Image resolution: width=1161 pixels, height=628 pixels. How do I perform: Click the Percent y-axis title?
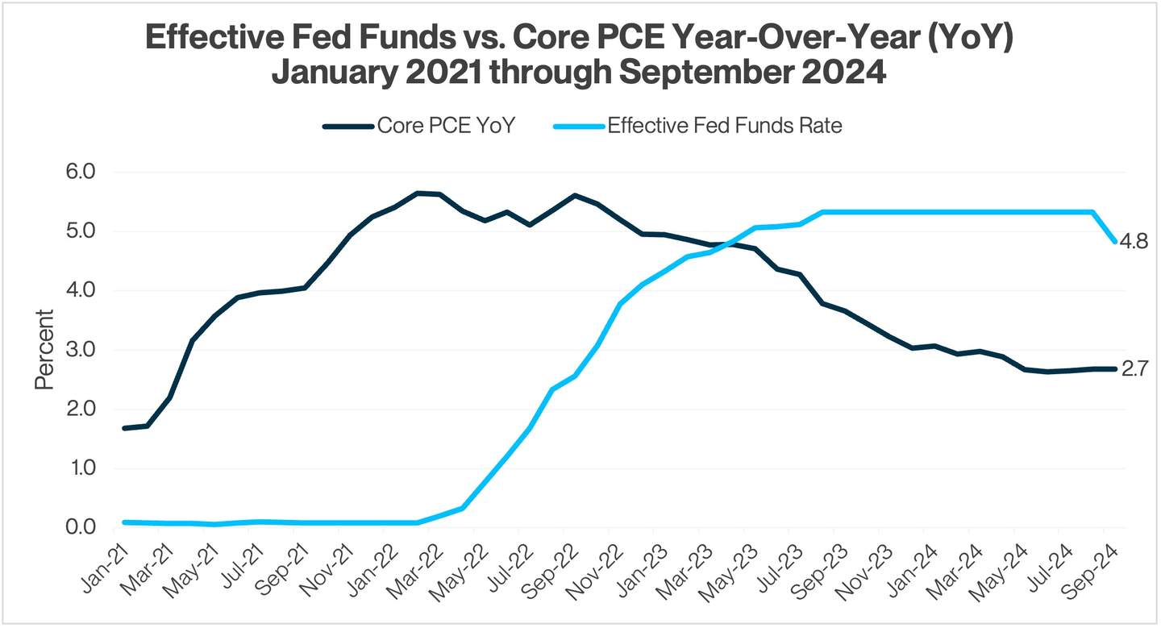44,350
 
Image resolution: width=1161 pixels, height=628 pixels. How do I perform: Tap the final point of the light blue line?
1115,241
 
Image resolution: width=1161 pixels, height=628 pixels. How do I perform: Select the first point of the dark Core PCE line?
124,428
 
